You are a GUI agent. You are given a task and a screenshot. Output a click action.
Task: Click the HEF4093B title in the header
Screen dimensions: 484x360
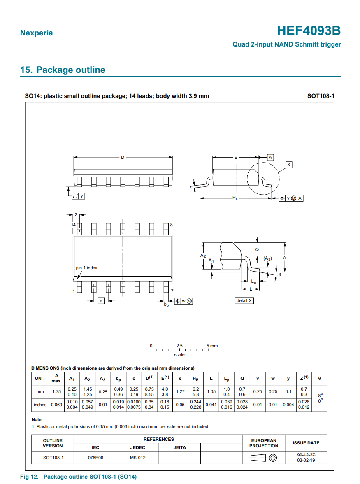pyautogui.click(x=308, y=31)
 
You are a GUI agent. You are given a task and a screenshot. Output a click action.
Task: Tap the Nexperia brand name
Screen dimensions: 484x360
pyautogui.click(x=36, y=33)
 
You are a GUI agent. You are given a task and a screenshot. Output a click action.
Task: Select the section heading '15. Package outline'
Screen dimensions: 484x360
pyautogui.click(x=63, y=70)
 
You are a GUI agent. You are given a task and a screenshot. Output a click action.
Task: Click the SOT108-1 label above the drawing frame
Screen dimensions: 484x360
pyautogui.click(x=321, y=96)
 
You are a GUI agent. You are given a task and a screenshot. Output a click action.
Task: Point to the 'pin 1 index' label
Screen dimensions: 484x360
pyautogui.click(x=87, y=268)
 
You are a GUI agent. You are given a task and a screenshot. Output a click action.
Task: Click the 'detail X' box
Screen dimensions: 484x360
pyautogui.click(x=244, y=300)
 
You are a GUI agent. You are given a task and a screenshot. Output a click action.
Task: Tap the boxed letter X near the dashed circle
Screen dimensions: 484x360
pyautogui.click(x=289, y=165)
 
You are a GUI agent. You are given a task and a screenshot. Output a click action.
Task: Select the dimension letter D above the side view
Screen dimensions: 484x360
pyautogui.click(x=122, y=157)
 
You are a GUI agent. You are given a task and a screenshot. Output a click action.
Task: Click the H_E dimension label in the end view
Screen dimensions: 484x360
pyautogui.click(x=235, y=198)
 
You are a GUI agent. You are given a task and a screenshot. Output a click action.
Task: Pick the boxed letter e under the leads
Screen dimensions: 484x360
pyautogui.click(x=101, y=301)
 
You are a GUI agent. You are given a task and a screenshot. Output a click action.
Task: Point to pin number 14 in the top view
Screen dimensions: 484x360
pyautogui.click(x=73, y=225)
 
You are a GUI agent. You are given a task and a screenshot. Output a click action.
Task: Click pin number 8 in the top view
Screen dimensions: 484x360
pyautogui.click(x=171, y=225)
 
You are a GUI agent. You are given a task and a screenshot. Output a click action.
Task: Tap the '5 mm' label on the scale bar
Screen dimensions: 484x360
pyautogui.click(x=212, y=346)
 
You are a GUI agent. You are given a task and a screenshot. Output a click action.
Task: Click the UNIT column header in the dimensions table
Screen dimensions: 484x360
pyautogui.click(x=40, y=378)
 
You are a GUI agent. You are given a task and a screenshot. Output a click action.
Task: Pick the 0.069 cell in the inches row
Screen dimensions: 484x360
pyautogui.click(x=57, y=405)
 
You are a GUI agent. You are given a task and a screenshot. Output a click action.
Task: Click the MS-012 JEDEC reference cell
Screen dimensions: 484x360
pyautogui.click(x=138, y=458)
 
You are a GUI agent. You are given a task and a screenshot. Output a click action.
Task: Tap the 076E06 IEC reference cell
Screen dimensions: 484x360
pyautogui.click(x=95, y=458)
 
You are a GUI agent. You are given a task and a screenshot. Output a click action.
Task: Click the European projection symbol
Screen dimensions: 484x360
pyautogui.click(x=264, y=458)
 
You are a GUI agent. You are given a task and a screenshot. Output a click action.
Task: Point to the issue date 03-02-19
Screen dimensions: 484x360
pyautogui.click(x=306, y=461)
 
